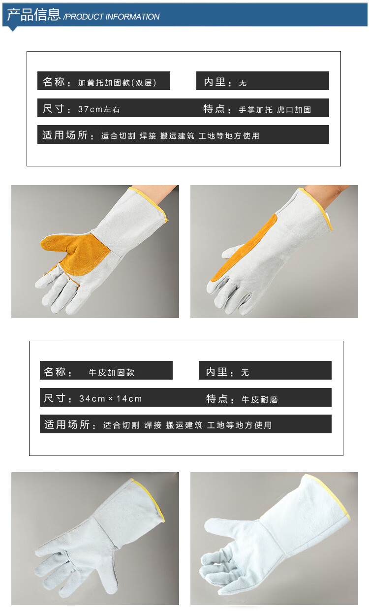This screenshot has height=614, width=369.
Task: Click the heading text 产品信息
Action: [x=33, y=15]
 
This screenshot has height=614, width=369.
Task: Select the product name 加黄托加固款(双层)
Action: [x=117, y=83]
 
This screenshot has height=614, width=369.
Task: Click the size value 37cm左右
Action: [x=99, y=109]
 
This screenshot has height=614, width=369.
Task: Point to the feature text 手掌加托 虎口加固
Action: [x=275, y=110]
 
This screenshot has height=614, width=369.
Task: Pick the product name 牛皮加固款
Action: [x=112, y=372]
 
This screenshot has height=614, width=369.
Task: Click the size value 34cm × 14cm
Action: [x=110, y=398]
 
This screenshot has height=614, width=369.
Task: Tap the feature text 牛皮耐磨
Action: [x=260, y=399]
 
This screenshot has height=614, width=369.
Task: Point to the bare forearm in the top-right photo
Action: [x=326, y=195]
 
